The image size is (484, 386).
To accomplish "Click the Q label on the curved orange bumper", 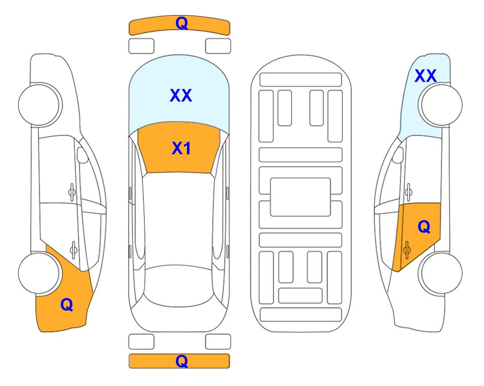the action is click(x=181, y=23).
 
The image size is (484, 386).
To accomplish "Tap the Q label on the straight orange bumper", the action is click(x=181, y=361).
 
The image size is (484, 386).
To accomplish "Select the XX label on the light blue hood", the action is click(x=181, y=95).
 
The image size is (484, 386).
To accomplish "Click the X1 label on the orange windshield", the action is click(x=181, y=148).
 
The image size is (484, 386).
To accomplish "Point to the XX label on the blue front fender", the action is click(x=426, y=76).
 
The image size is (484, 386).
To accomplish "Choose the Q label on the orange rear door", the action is click(x=424, y=227).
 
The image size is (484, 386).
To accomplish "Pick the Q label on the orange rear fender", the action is click(x=67, y=305).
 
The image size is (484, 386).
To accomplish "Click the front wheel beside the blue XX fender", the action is click(x=440, y=105).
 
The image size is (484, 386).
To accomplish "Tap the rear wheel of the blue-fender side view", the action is click(x=440, y=273).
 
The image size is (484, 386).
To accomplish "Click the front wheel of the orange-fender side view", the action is click(x=40, y=105).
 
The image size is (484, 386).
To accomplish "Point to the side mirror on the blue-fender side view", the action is click(x=398, y=155).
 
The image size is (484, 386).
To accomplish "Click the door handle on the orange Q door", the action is click(x=407, y=250).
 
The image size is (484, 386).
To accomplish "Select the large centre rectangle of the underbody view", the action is click(x=301, y=197).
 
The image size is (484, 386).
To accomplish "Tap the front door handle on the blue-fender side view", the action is click(x=409, y=192).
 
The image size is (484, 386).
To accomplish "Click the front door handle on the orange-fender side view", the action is click(x=72, y=192).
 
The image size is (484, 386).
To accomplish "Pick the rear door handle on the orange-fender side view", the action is click(x=73, y=250).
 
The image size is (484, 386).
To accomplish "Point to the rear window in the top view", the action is click(x=178, y=285).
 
